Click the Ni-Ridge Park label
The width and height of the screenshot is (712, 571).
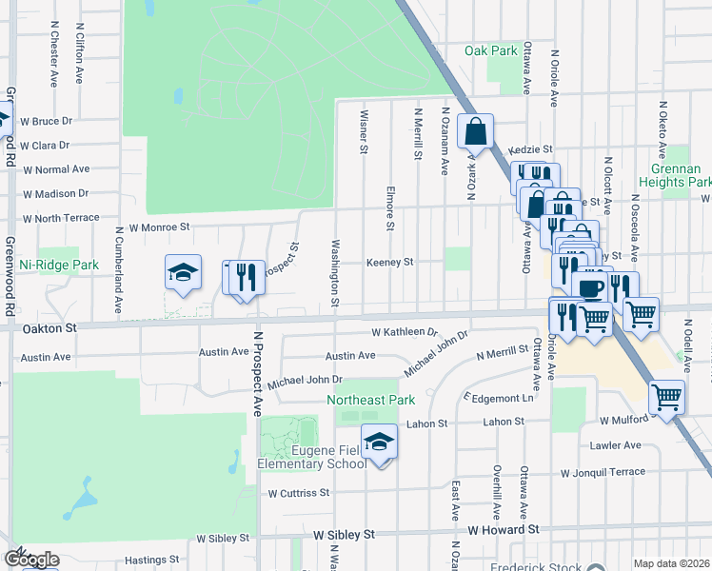point(59,264)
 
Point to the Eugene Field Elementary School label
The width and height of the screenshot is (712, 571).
point(312,456)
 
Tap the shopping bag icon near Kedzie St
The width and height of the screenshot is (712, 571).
point(474,131)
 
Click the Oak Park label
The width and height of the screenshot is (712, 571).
point(489,50)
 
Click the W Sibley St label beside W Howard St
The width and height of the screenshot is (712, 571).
point(339,535)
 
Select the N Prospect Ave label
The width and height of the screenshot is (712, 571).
point(256,379)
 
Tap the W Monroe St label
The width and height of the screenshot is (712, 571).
point(160,227)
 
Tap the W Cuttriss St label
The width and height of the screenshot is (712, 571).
point(298,493)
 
